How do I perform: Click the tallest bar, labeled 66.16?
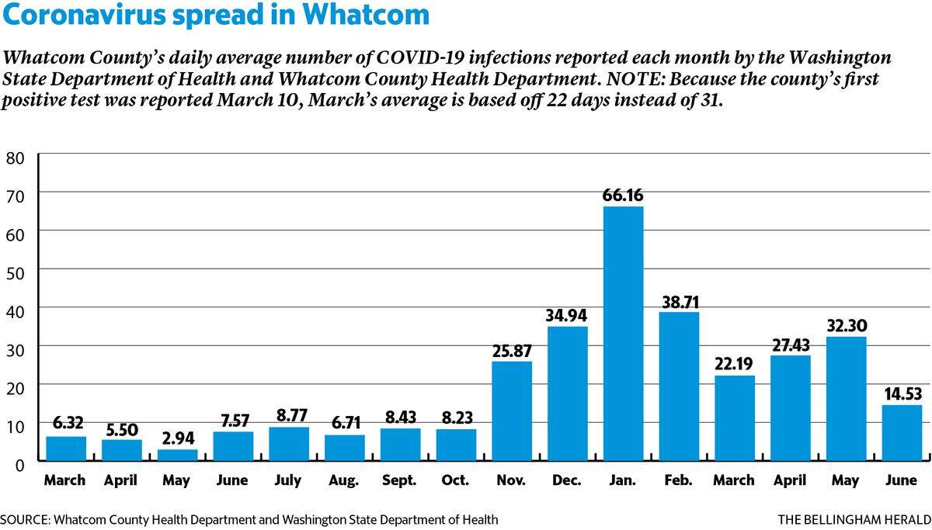[x=623, y=334]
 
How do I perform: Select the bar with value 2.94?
[x=178, y=455]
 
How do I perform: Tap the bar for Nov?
[x=512, y=410]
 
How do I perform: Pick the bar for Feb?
[x=679, y=386]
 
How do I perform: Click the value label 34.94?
[x=566, y=316]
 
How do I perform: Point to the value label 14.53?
[x=902, y=393]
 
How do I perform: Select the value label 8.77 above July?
[x=292, y=415]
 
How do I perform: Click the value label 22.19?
[x=733, y=364]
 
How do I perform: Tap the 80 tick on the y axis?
[x=15, y=158]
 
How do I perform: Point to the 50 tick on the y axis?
[x=15, y=273]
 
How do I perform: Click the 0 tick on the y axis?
[x=19, y=465]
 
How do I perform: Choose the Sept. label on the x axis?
[x=399, y=480]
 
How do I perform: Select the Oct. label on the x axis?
[x=455, y=480]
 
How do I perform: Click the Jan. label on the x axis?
[x=622, y=480]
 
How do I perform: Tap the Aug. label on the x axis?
[x=343, y=480]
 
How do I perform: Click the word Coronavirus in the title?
[x=84, y=14]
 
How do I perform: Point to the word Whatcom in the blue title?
[x=366, y=14]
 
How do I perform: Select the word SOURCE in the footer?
[x=25, y=520]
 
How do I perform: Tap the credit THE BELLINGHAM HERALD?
[x=854, y=520]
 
